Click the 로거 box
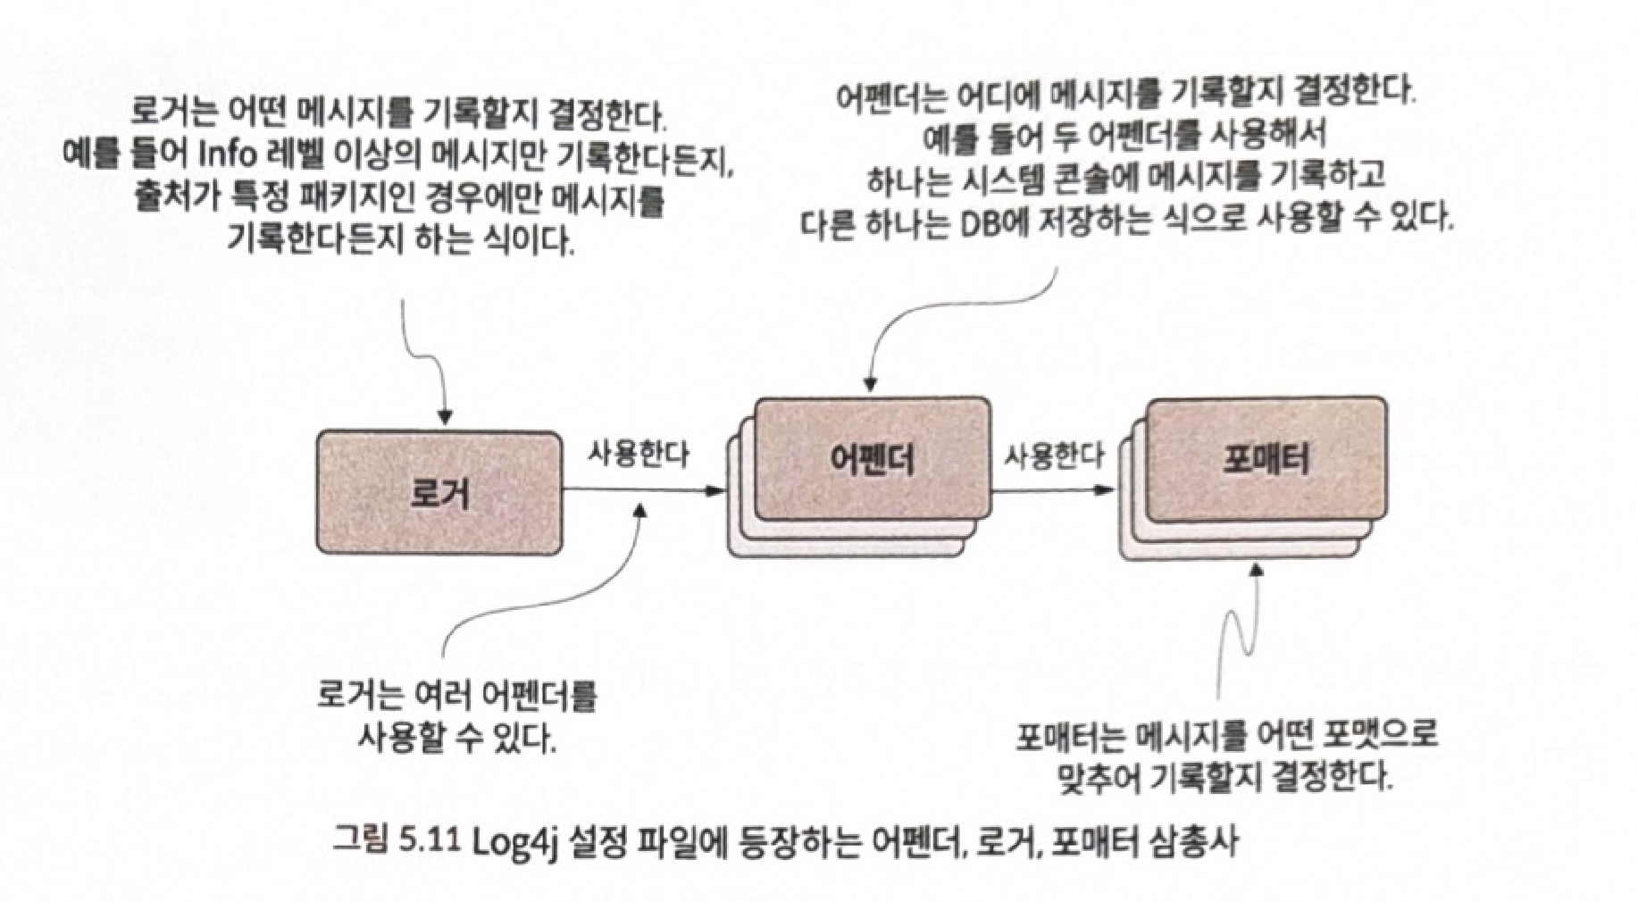point(439,492)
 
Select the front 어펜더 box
point(872,459)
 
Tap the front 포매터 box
point(1266,459)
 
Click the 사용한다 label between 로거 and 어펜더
point(638,455)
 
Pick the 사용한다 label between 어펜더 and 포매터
point(1054,456)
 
